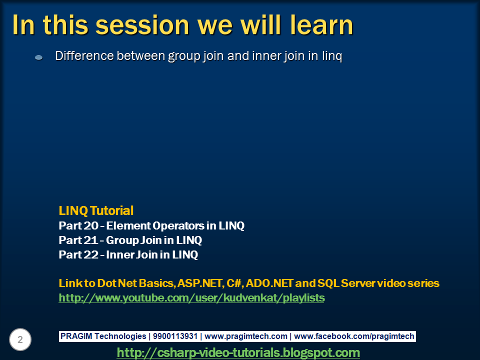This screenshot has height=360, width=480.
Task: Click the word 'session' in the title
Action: [142, 25]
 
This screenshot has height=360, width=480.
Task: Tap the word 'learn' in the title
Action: [321, 25]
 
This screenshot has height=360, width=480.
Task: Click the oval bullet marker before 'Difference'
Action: [39, 57]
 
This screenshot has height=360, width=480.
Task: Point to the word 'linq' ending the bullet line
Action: [332, 56]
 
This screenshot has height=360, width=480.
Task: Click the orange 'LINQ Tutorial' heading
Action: [96, 210]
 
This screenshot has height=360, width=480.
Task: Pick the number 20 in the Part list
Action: [90, 225]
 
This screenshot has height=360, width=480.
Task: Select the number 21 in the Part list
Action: [90, 240]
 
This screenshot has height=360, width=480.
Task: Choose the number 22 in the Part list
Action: [90, 254]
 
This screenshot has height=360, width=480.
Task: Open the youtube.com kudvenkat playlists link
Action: [191, 298]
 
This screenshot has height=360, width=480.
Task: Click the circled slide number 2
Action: [20, 339]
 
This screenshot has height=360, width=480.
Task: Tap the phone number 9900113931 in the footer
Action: [175, 336]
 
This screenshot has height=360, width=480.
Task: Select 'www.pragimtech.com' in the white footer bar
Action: [246, 336]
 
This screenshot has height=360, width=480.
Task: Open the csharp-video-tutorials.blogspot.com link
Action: [238, 352]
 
